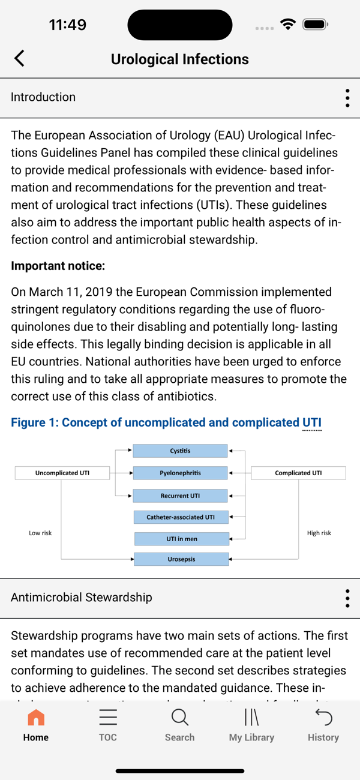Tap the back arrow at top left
tap(20, 58)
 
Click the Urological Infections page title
tap(179, 59)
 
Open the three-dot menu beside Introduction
tap(347, 98)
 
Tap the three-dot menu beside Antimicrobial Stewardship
tap(347, 598)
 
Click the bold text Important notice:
tap(58, 266)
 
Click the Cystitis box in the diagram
tap(180, 451)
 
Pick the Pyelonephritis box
tap(180, 473)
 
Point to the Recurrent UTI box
tap(180, 496)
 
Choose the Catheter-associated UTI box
tap(180, 517)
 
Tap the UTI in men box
tap(181, 539)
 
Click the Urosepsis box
tap(181, 559)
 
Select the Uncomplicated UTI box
tap(62, 473)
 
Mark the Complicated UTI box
tap(298, 473)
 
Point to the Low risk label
tap(40, 533)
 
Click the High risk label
tap(319, 533)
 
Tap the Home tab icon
tap(36, 718)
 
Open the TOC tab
tap(108, 725)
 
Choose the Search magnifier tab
tap(179, 718)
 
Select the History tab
tap(323, 725)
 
